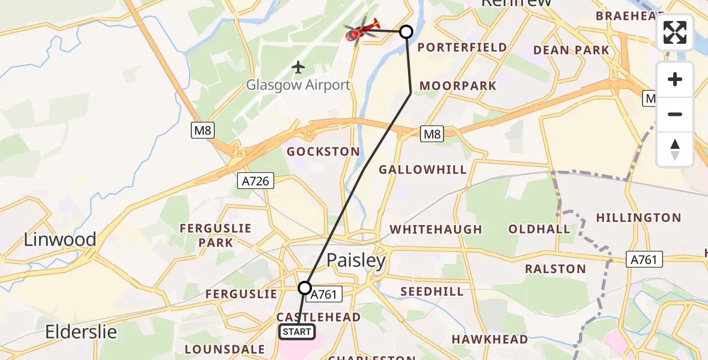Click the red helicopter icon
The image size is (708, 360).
click(x=362, y=30)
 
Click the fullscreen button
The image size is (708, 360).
click(x=675, y=32)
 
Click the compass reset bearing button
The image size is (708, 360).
click(x=675, y=149)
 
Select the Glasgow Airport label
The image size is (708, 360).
click(x=298, y=85)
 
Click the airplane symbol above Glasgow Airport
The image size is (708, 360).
click(x=298, y=67)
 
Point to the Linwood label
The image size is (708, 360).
click(x=60, y=239)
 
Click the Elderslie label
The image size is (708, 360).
click(x=82, y=332)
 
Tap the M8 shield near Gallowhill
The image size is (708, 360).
click(x=432, y=134)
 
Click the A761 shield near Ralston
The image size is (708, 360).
click(x=644, y=260)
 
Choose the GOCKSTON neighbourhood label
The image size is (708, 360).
click(x=323, y=152)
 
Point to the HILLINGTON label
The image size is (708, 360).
click(x=638, y=218)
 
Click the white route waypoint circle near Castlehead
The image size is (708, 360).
click(x=305, y=288)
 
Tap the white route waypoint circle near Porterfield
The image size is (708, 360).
click(x=406, y=32)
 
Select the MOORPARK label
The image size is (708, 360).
click(x=458, y=86)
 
